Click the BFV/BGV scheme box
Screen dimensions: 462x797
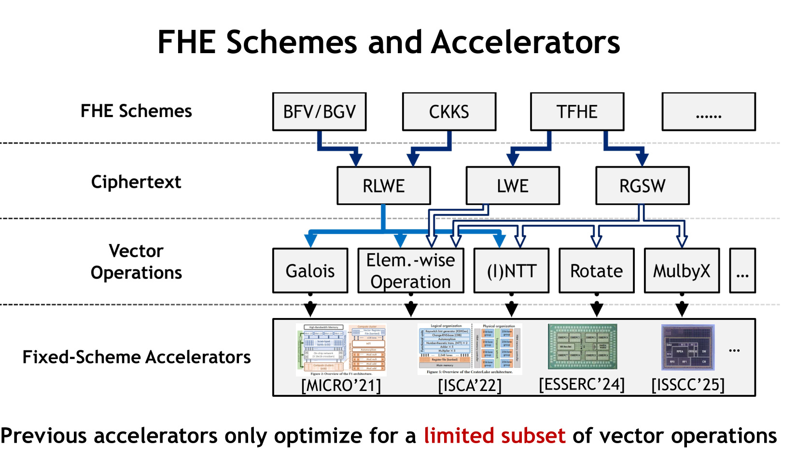click(319, 112)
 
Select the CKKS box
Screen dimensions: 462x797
click(449, 112)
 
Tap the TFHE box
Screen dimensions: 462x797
click(577, 112)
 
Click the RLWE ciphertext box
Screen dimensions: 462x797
click(383, 186)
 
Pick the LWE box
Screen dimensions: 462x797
click(513, 186)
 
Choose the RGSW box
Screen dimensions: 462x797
click(642, 186)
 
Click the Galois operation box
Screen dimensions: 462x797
click(310, 271)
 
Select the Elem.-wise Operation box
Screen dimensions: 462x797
click(411, 271)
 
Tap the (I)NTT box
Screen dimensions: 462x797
click(511, 271)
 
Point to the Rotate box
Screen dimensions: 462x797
click(596, 271)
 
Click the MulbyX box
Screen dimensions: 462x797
click(682, 271)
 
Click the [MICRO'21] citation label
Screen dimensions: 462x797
click(341, 386)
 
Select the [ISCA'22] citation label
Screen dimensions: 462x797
click(470, 386)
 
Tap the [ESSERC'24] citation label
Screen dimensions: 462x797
click(582, 385)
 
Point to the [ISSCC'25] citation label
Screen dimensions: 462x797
click(688, 385)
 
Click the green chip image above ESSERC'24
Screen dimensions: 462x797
click(582, 346)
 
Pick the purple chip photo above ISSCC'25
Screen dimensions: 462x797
click(687, 347)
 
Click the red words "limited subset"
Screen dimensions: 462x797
click(494, 435)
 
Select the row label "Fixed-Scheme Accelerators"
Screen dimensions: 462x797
click(137, 357)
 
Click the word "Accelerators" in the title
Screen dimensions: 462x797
click(526, 42)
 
